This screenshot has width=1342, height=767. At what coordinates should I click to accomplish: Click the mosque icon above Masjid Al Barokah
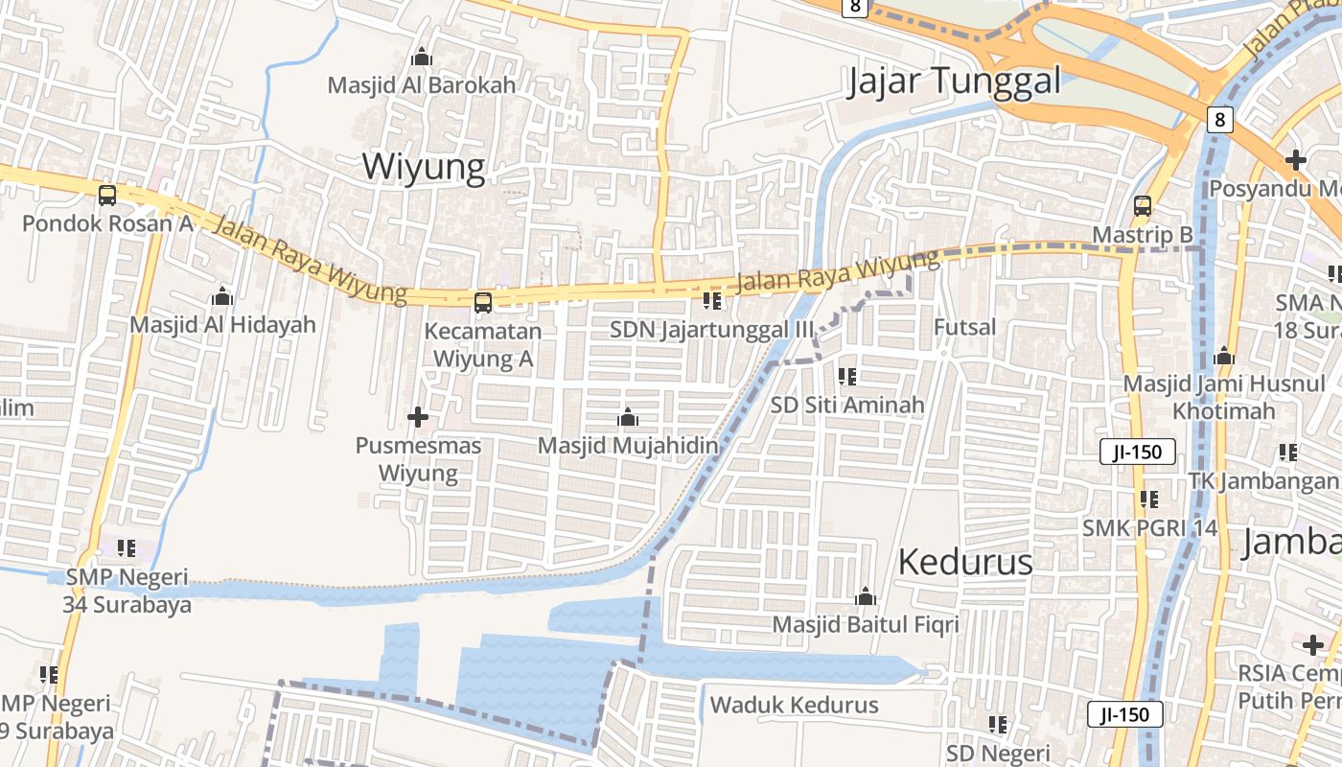click(421, 58)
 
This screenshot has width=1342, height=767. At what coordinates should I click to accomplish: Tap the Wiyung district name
click(423, 167)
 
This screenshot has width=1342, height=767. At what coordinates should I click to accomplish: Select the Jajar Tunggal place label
click(954, 81)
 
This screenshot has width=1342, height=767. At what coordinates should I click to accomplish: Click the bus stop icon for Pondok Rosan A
click(107, 196)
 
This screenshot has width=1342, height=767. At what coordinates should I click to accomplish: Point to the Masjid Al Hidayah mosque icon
click(222, 296)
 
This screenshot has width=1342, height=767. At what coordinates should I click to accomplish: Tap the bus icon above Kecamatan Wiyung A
click(483, 303)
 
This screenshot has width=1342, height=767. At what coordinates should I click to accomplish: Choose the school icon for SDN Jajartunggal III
click(711, 301)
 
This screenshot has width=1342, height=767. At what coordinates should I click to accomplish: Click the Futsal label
click(964, 327)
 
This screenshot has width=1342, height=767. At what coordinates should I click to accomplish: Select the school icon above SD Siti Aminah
click(847, 377)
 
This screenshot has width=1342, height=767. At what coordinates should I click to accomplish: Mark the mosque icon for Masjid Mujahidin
click(628, 418)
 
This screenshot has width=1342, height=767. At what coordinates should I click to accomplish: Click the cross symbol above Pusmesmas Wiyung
click(418, 417)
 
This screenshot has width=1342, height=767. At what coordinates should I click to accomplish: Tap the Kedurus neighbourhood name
click(965, 562)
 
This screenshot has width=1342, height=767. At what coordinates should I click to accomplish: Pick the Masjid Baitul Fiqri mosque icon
click(866, 597)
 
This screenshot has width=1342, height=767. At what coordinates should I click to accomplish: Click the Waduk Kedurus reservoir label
click(794, 706)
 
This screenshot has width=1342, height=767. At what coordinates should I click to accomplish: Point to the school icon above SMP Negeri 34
click(127, 548)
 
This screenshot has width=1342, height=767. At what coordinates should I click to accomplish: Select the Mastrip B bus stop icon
click(1143, 206)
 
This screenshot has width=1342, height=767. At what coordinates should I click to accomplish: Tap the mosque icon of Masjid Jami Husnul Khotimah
click(1223, 357)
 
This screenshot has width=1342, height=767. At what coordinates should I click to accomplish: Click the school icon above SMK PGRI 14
click(1149, 500)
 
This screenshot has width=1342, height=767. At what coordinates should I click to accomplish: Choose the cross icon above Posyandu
click(1296, 159)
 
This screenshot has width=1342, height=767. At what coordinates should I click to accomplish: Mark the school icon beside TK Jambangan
click(1288, 453)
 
